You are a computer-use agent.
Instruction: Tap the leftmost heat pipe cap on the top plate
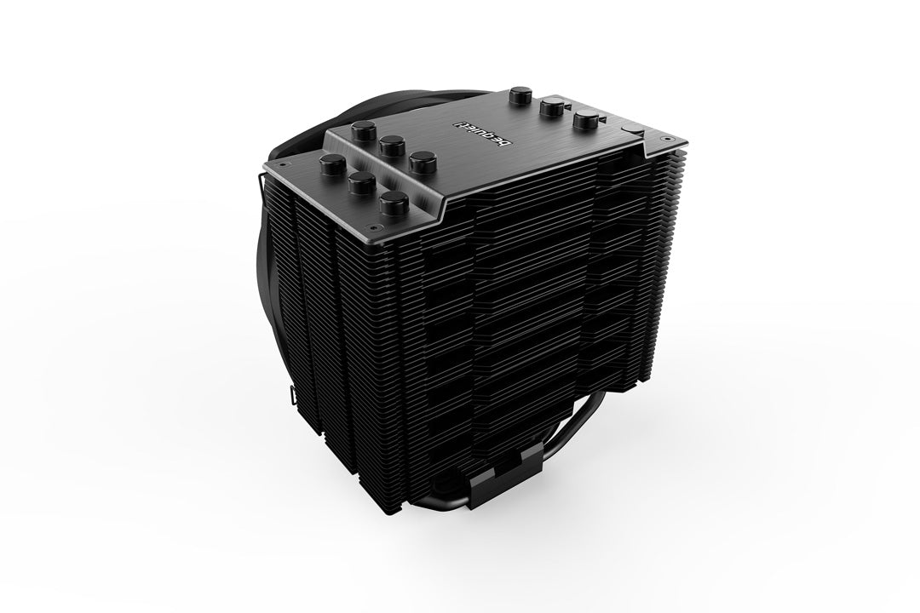(329, 163)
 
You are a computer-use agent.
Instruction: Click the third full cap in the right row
(585, 122)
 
